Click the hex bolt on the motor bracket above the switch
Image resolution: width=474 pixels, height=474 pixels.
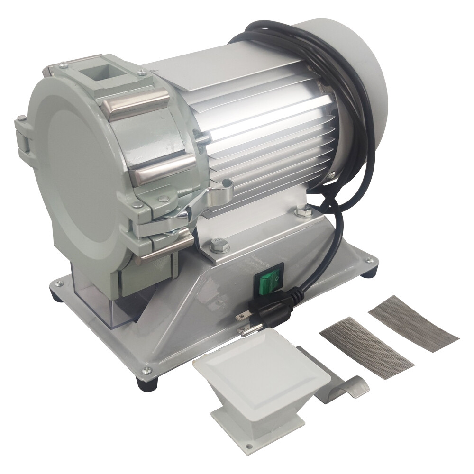[x=218, y=244]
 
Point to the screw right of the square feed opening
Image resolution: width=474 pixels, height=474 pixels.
[x=141, y=72]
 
